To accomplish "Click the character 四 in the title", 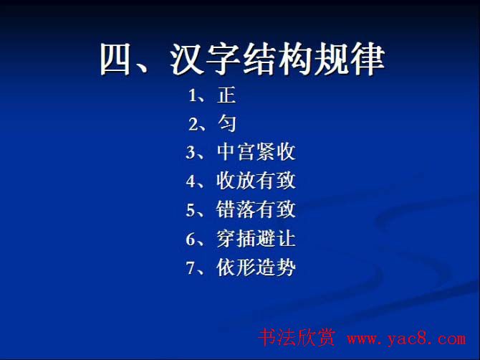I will coord(117,60).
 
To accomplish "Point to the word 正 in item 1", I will coord(226,95).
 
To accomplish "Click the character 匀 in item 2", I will coord(226,124).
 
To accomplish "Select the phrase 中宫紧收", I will coord(256,153).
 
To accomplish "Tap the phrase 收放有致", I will coord(256,181).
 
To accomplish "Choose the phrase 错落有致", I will coord(256,210).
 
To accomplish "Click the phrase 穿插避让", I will coord(256,239).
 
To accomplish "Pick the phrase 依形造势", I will coord(256,267).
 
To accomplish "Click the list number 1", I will coord(193,95).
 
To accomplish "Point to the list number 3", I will coord(191,153).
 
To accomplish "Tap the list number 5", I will coord(191,210).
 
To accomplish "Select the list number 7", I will coord(191,268).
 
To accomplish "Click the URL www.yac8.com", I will coord(406,339).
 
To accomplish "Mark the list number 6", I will coord(191,240).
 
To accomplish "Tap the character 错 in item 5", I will coord(226,210).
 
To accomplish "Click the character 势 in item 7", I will coord(286,267).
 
